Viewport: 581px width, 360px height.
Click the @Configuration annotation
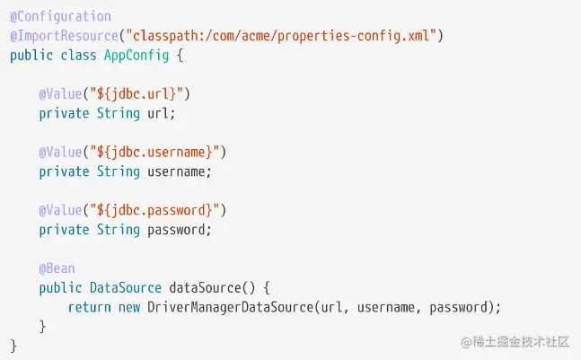[x=60, y=16]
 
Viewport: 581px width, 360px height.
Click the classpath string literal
[x=282, y=36]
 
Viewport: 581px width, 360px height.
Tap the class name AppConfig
[x=129, y=55]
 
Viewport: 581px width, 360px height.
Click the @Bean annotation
[x=57, y=268]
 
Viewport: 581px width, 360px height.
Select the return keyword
[x=89, y=307]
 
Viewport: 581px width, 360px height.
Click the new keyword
[x=129, y=307]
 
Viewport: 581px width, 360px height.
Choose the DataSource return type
[x=126, y=288]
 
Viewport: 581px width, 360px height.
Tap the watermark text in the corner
[x=515, y=342]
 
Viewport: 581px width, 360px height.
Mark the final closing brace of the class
[x=13, y=346]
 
